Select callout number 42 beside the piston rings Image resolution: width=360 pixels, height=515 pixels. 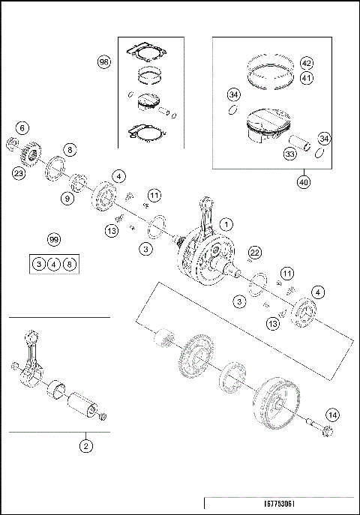(306, 62)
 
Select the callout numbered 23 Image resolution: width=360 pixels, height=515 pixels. (18, 174)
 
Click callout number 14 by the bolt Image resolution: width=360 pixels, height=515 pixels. (332, 414)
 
